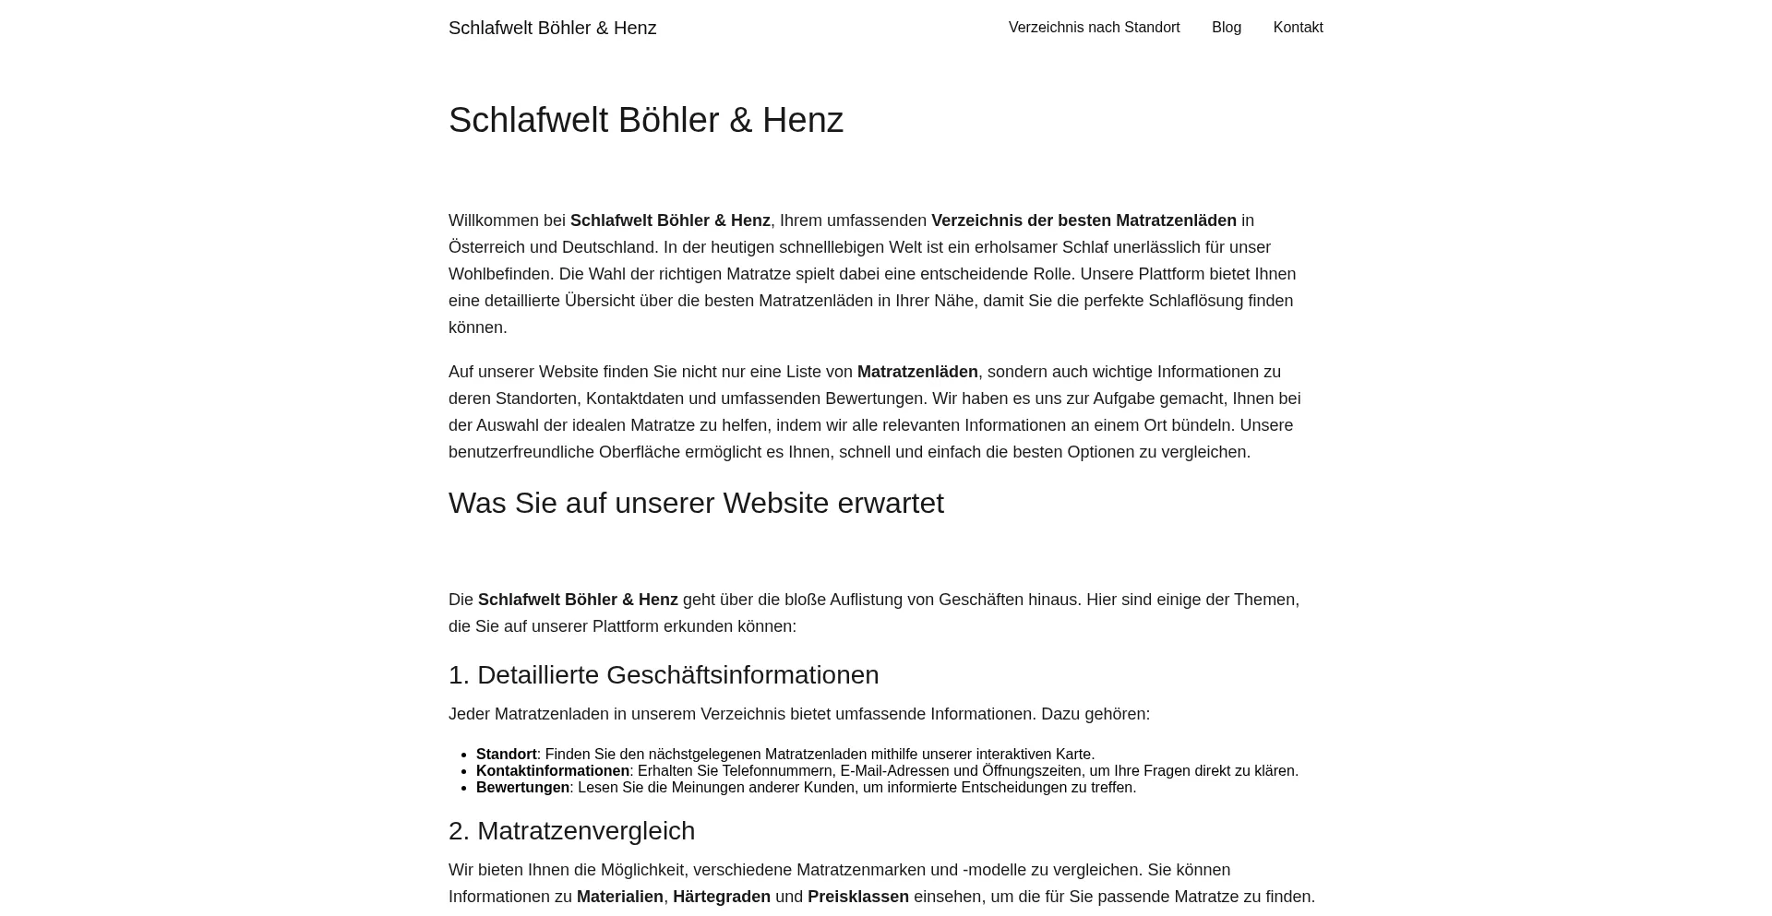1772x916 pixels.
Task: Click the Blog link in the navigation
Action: [1226, 28]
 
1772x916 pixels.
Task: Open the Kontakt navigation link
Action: [1298, 28]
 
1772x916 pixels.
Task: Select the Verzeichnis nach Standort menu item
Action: [1094, 28]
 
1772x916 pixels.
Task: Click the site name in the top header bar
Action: [552, 29]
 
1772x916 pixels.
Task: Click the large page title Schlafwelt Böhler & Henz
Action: [645, 121]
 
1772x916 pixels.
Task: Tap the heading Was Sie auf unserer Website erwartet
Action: [696, 504]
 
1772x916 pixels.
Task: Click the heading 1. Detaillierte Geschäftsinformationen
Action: [663, 675]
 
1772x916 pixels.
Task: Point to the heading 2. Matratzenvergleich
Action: [571, 831]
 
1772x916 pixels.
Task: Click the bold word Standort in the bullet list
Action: [506, 755]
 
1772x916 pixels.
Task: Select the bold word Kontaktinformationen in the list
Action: [552, 771]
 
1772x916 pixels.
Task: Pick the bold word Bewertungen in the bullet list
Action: [522, 788]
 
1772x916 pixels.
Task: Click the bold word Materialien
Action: [619, 897]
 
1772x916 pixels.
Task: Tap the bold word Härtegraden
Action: [721, 897]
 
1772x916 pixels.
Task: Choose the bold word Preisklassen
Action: [857, 897]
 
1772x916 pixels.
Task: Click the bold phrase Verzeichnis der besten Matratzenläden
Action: [1084, 220]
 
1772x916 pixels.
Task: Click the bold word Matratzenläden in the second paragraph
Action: [916, 372]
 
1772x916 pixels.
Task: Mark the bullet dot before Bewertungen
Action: [464, 788]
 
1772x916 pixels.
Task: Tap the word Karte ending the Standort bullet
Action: [1073, 755]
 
